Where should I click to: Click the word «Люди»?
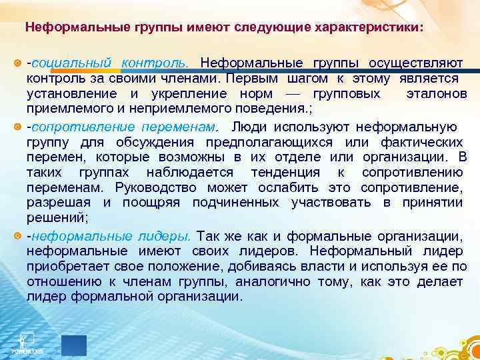click(247, 127)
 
